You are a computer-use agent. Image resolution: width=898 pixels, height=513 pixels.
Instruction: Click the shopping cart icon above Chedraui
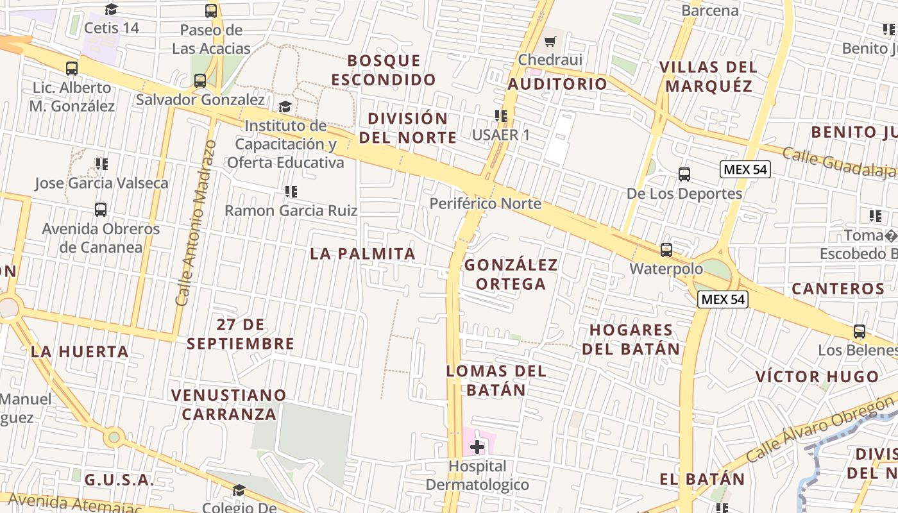[550, 42]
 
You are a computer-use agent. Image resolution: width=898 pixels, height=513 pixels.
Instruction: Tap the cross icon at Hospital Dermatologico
[477, 446]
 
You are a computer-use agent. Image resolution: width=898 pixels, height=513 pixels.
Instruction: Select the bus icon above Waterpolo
[666, 249]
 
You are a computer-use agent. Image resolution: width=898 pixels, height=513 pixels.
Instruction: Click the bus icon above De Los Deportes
[684, 174]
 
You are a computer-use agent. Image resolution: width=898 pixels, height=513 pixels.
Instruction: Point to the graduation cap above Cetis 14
[112, 9]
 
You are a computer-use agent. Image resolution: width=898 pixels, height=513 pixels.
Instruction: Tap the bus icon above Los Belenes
[859, 332]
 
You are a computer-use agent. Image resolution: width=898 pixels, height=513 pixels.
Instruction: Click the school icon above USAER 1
[501, 116]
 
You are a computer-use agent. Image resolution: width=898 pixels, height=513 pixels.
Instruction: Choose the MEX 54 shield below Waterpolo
[723, 299]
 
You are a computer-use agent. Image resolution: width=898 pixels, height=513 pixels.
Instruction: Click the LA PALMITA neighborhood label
[363, 253]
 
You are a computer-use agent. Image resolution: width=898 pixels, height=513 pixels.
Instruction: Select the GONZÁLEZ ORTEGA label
[511, 274]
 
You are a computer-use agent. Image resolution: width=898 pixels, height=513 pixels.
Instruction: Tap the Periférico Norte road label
[486, 204]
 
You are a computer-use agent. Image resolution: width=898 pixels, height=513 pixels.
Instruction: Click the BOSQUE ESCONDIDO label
[384, 70]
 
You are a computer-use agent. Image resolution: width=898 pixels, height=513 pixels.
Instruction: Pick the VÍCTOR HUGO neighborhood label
[817, 376]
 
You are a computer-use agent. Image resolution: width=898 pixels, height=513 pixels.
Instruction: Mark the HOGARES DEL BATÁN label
[634, 339]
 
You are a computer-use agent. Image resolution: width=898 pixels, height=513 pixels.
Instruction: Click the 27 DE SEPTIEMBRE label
[241, 334]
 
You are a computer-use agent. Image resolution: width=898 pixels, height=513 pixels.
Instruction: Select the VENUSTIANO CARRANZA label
[229, 404]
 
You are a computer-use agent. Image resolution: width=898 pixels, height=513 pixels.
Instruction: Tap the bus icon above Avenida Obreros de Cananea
[101, 209]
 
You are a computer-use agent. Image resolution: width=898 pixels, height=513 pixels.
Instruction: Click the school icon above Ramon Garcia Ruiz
[291, 191]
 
